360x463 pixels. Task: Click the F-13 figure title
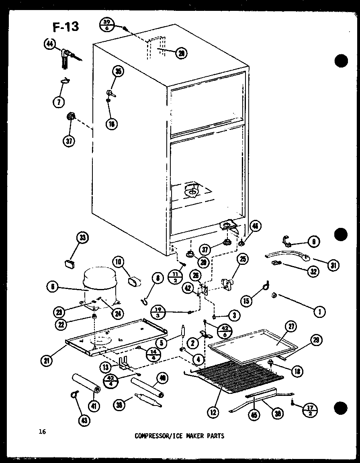point(65,27)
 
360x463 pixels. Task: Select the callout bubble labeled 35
point(118,72)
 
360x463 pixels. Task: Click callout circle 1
point(320,311)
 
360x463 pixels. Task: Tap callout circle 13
point(106,367)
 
